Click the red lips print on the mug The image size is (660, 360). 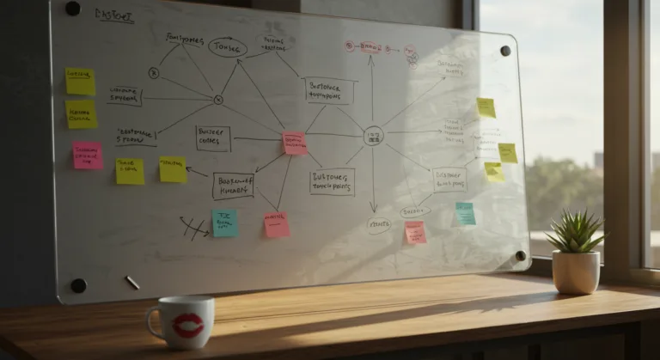coord(186,325)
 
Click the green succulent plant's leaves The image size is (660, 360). coord(574,232)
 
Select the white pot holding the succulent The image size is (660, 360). coord(576,272)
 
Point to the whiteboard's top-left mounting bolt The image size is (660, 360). coord(73,9)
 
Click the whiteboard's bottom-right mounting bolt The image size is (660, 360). coord(520,255)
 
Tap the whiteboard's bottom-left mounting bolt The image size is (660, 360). coord(78,285)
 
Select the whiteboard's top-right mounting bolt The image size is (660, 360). coord(504,51)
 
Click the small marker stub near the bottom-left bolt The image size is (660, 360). coord(132,282)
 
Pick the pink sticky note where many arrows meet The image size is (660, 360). coord(295,143)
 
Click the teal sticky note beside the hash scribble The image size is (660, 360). coord(224,223)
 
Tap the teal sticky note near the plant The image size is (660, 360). coord(465,213)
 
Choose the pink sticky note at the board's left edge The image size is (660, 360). coord(87,155)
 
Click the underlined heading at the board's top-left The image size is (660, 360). coord(114,16)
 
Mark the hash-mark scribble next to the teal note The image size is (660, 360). coord(194,227)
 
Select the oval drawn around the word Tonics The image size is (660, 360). coord(227,47)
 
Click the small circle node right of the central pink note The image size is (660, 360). coord(373,136)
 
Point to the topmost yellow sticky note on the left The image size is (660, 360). coord(80,81)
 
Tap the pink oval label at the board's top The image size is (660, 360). coord(371,46)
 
